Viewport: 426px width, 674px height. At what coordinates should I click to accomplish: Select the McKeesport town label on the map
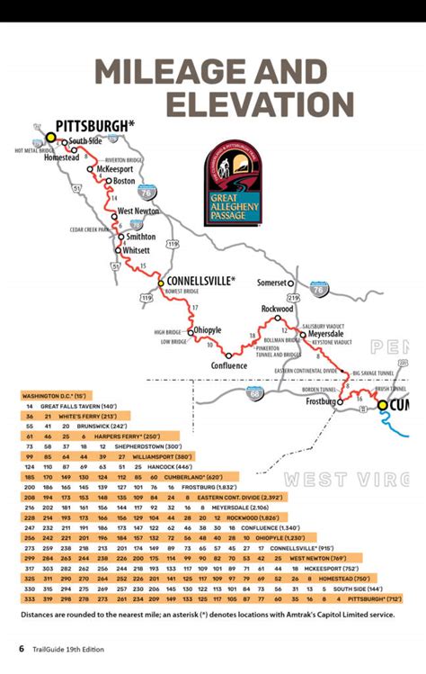(x=115, y=167)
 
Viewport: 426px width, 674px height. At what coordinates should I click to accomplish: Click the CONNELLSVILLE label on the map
(x=199, y=281)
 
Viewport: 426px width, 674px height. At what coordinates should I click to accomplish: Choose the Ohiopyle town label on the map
(x=208, y=330)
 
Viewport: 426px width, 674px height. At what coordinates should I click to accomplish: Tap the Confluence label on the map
(x=228, y=365)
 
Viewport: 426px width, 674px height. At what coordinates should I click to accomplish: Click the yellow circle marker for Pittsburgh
(x=51, y=138)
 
